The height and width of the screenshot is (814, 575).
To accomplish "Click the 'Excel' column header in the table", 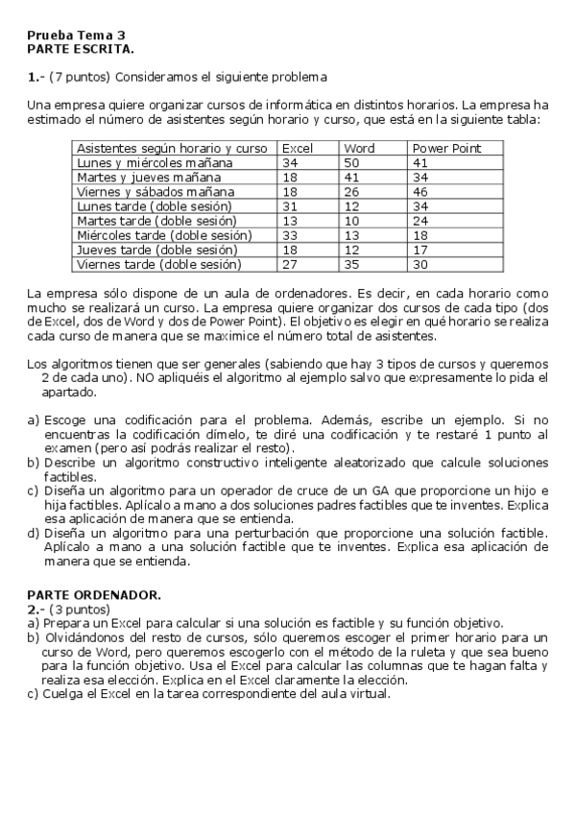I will (x=297, y=149).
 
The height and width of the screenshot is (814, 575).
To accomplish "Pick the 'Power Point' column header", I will (x=445, y=149).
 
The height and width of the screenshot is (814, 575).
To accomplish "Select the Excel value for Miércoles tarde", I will (x=290, y=235).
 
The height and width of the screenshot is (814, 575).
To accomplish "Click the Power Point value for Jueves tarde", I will (x=419, y=250).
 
